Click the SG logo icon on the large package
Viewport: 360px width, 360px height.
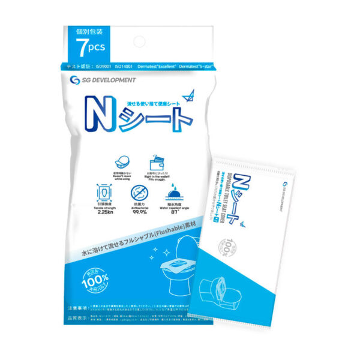tap(75, 80)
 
